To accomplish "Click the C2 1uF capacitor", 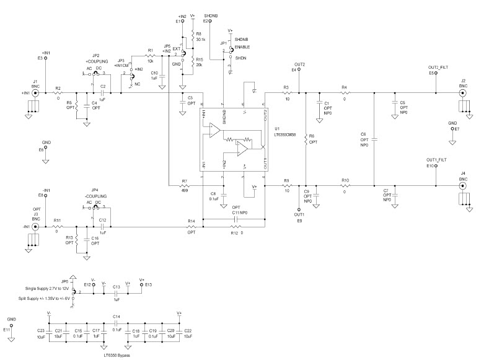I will [103, 93].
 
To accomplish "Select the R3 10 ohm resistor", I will [286, 93].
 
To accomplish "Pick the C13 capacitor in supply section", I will [115, 291].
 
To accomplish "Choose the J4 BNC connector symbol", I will [462, 185].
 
